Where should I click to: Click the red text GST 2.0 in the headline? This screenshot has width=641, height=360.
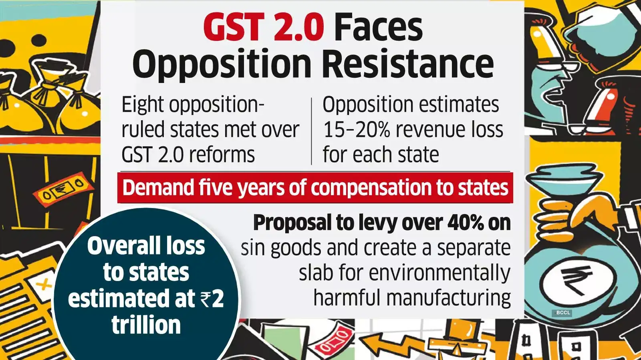(x=263, y=27)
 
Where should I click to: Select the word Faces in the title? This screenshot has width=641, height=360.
(x=378, y=27)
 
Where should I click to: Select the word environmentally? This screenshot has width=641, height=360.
(x=439, y=273)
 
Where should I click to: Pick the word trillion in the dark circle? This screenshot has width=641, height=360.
(x=146, y=325)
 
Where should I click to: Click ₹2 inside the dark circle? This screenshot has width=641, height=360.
(x=212, y=299)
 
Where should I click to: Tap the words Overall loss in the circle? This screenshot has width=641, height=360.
(x=146, y=246)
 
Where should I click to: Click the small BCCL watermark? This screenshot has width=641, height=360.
(x=563, y=313)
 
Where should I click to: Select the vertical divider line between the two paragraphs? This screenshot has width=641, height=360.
(x=311, y=131)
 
